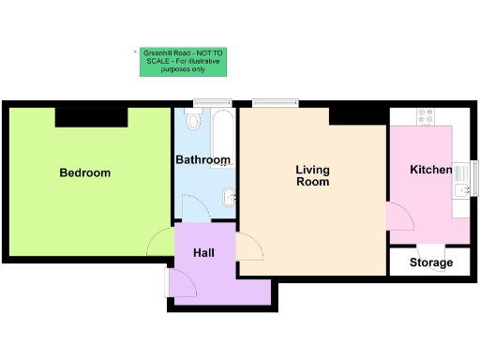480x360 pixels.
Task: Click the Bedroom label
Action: (x=85, y=172)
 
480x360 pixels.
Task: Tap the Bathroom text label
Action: (x=202, y=160)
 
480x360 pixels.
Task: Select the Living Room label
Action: (x=312, y=175)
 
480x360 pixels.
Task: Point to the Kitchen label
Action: (x=430, y=170)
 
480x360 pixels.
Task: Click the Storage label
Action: (x=430, y=262)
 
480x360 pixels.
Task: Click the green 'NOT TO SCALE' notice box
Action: (x=184, y=62)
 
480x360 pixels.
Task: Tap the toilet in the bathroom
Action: (x=193, y=119)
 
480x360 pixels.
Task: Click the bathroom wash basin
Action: (x=228, y=196)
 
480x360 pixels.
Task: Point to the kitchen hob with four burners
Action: (x=425, y=116)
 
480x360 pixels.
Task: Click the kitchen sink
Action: (x=460, y=192)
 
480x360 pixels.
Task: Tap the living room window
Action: (x=275, y=101)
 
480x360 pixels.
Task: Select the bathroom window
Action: (x=217, y=101)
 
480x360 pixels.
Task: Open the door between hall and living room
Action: (x=249, y=246)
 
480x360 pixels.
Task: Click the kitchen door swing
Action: (x=399, y=217)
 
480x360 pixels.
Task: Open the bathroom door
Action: (x=193, y=209)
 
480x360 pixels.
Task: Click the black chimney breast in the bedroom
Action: (x=91, y=117)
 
